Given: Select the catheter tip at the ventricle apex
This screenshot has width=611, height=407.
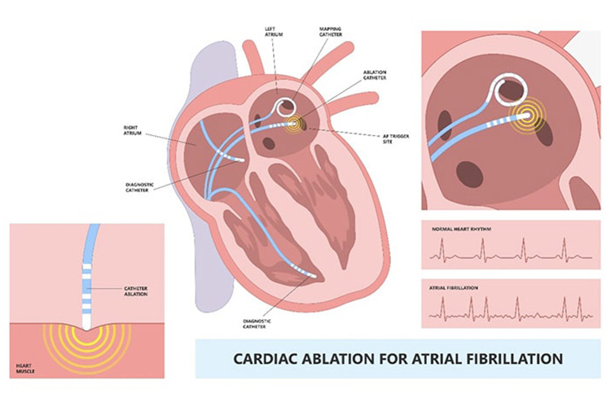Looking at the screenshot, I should click(313, 276).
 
